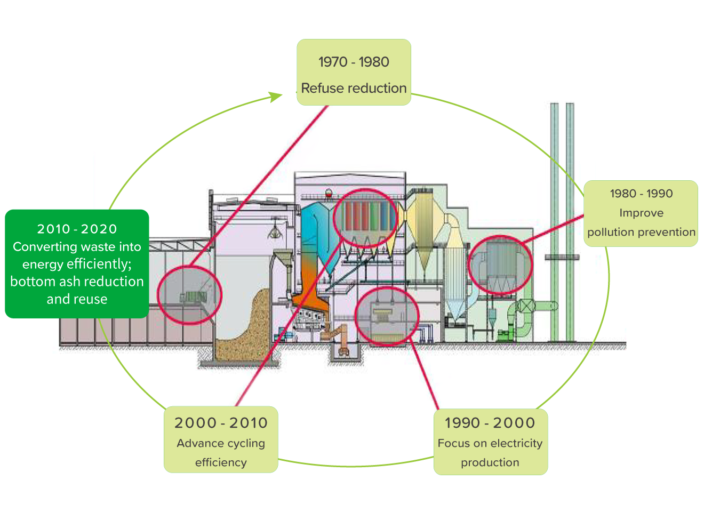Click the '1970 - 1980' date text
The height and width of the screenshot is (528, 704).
(354, 62)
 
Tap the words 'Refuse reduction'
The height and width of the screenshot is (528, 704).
(354, 88)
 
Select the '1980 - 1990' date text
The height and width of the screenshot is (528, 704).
(641, 194)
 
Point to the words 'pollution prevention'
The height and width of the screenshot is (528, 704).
(641, 232)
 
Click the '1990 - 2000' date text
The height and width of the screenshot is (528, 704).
(490, 423)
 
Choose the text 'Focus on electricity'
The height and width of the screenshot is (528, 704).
(490, 443)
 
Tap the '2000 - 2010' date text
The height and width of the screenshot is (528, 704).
(221, 423)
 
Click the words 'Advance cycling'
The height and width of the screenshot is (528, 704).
(221, 443)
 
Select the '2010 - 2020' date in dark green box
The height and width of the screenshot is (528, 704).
(77, 229)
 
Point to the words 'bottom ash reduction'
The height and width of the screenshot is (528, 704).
(77, 282)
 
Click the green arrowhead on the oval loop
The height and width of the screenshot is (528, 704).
(276, 97)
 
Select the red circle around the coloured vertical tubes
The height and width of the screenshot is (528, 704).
(365, 218)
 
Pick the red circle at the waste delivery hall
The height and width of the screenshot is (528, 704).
(189, 295)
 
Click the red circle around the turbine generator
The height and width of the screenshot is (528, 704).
(387, 316)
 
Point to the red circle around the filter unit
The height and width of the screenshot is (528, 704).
(500, 265)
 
